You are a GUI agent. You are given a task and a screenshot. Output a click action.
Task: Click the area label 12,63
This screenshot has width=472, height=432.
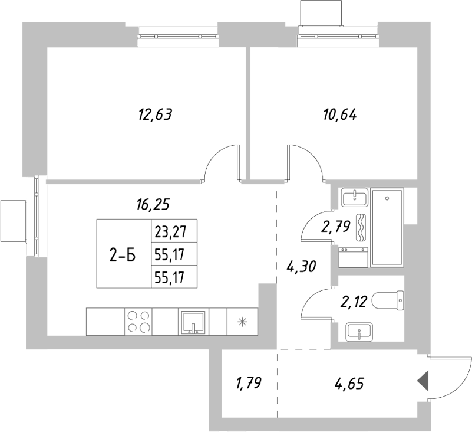(154, 114)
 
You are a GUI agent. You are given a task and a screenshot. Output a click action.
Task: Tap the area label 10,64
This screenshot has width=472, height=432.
(340, 114)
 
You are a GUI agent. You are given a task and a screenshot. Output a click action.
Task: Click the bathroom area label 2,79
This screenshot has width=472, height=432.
(335, 226)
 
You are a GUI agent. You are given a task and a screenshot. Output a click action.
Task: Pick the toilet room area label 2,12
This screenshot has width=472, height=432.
(354, 303)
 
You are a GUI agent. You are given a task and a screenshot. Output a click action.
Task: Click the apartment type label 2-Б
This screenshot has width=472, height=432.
(123, 255)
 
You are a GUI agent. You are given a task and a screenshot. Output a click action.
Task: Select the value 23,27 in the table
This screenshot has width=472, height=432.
(168, 231)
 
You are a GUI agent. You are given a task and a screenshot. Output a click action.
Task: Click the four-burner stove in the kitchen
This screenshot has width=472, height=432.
(138, 322)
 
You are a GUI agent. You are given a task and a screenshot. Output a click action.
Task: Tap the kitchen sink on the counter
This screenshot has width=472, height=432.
(192, 322)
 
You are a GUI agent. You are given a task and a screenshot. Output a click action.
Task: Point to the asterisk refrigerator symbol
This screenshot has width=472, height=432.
(242, 322)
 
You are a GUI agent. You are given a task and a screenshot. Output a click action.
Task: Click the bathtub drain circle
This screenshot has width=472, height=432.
(387, 199)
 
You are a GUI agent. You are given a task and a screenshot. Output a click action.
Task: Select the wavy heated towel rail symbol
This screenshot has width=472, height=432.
(362, 228)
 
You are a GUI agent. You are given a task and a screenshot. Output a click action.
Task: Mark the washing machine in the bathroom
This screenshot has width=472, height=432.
(354, 257)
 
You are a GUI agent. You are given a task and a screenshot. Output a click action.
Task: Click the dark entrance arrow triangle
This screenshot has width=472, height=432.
(423, 382)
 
